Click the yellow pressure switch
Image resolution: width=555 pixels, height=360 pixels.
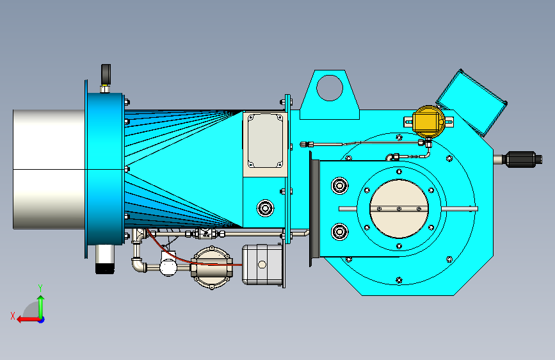[x=429, y=121]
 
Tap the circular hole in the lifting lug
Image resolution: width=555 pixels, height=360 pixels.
[x=330, y=88]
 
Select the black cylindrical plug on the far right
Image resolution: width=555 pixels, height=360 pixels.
[x=523, y=159]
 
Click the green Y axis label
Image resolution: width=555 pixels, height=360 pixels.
[x=40, y=288]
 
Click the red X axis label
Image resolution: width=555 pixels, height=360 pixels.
[x=13, y=316]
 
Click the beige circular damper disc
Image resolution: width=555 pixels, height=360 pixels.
[x=399, y=209]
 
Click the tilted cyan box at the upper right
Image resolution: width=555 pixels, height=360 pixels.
[x=472, y=102]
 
